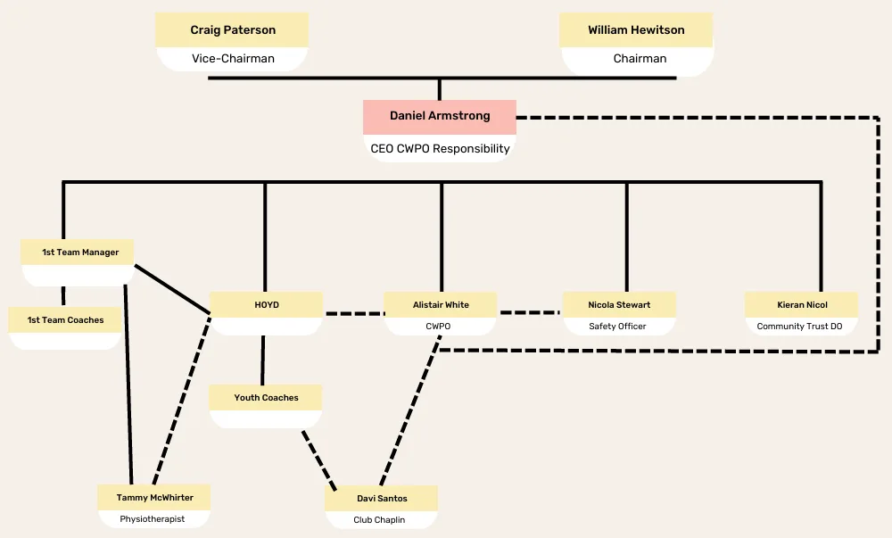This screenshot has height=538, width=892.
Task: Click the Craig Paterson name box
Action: click(x=232, y=30)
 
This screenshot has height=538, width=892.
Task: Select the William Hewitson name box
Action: click(x=636, y=30)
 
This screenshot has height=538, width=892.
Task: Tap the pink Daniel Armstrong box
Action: click(x=440, y=117)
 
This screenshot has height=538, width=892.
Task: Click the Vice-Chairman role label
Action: click(x=233, y=59)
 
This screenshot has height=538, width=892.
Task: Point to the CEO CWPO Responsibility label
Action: click(x=440, y=148)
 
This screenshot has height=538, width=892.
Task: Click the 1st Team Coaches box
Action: click(x=65, y=319)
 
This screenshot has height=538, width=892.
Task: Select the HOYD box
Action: click(x=266, y=305)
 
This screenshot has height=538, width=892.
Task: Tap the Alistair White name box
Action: click(x=441, y=305)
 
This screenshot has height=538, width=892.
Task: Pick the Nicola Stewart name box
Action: click(x=619, y=305)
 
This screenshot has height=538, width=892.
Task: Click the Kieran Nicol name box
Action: click(x=802, y=305)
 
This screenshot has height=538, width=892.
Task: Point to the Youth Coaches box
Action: click(x=266, y=398)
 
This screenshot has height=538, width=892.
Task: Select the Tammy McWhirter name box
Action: click(x=154, y=498)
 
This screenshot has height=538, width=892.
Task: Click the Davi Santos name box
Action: click(x=381, y=498)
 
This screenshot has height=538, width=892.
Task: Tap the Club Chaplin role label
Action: click(x=379, y=520)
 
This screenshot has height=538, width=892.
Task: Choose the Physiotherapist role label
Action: click(x=153, y=518)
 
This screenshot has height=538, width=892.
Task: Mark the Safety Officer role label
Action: click(x=618, y=327)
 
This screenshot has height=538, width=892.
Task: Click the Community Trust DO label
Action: click(x=800, y=327)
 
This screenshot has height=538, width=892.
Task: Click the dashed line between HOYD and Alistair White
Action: click(x=354, y=313)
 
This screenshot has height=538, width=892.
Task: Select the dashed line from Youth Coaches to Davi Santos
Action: click(x=319, y=460)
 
